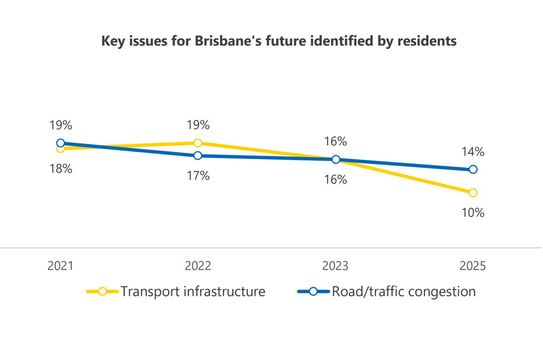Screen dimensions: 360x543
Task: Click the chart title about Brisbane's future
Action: [279, 41]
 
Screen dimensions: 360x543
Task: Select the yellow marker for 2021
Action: [60, 149]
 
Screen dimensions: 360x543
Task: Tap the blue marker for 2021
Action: [60, 143]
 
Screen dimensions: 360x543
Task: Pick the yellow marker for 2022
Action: [198, 143]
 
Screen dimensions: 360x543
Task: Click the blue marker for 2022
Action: [198, 156]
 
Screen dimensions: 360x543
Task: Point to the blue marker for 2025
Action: [473, 169]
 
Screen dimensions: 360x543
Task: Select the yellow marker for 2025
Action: [473, 193]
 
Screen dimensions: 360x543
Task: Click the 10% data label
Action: [473, 212]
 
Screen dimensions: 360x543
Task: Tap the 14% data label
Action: [473, 152]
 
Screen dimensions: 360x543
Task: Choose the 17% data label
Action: [198, 176]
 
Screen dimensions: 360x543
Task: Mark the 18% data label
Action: [61, 169]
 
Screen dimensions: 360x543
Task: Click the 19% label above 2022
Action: [198, 125]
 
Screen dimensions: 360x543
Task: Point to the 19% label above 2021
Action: [61, 125]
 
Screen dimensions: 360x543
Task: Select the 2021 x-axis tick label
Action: [60, 266]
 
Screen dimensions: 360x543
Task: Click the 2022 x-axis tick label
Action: [198, 266]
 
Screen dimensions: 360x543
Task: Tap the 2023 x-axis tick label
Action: [335, 266]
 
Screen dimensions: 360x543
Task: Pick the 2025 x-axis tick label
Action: [473, 266]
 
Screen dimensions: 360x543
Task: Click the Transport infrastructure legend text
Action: [193, 292]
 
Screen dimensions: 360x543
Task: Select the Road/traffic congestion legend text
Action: [403, 292]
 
